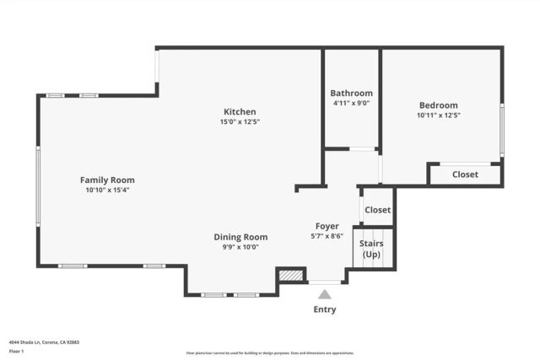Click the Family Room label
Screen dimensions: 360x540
click(x=107, y=180)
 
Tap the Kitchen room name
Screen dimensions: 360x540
click(x=240, y=111)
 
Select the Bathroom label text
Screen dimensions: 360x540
click(x=351, y=93)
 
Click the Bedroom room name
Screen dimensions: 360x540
click(x=439, y=105)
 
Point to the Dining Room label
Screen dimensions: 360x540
click(x=240, y=237)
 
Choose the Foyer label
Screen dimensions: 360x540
click(x=327, y=226)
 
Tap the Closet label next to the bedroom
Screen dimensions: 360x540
click(x=465, y=175)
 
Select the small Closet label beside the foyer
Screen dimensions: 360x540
click(x=377, y=210)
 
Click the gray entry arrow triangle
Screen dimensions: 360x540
click(x=325, y=294)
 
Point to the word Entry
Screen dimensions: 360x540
click(x=325, y=309)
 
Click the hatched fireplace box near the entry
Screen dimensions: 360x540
click(x=291, y=275)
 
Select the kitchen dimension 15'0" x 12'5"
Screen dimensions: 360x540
click(x=240, y=122)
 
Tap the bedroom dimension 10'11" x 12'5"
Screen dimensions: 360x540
click(x=439, y=116)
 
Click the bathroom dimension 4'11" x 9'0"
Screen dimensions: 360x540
click(x=351, y=103)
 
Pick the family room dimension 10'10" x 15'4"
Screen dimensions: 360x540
click(x=107, y=190)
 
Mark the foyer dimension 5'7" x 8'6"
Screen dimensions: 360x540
click(x=327, y=236)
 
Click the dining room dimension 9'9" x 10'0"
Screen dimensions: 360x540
click(x=240, y=247)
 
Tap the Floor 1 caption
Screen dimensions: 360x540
click(x=16, y=351)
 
